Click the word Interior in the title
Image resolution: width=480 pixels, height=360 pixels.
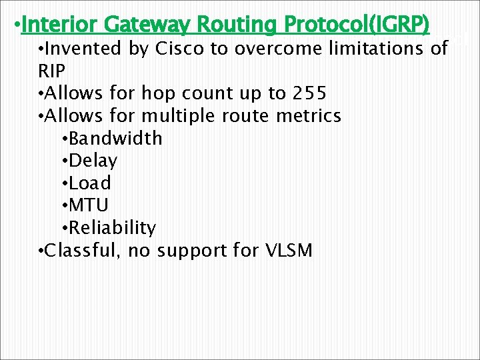tap(61, 25)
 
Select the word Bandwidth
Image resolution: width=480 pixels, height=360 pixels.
tap(115, 138)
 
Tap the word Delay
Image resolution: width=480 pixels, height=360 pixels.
tap(93, 161)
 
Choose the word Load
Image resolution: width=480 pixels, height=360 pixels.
tap(89, 183)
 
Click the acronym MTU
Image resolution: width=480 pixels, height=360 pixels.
tap(89, 205)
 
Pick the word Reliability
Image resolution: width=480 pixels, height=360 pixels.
tap(112, 228)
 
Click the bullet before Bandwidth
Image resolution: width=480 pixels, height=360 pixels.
tap(63, 139)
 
